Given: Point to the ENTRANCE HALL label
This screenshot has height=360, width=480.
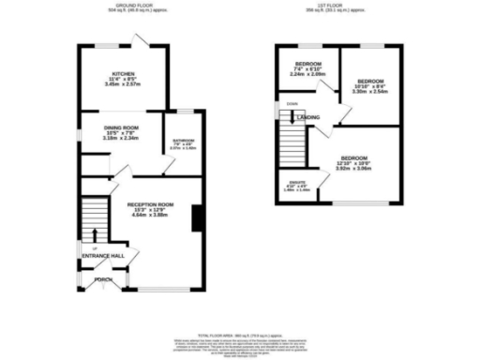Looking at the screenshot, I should pyautogui.click(x=103, y=255).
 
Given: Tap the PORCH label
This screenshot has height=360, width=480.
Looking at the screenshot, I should pyautogui.click(x=103, y=279).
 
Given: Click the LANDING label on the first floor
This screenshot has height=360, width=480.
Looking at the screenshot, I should pyautogui.click(x=310, y=117).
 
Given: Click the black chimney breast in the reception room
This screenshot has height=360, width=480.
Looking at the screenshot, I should pyautogui.click(x=195, y=218).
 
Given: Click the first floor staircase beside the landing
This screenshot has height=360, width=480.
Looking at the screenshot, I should pyautogui.click(x=294, y=145).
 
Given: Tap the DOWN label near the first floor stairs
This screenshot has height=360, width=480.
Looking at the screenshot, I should pyautogui.click(x=292, y=104).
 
